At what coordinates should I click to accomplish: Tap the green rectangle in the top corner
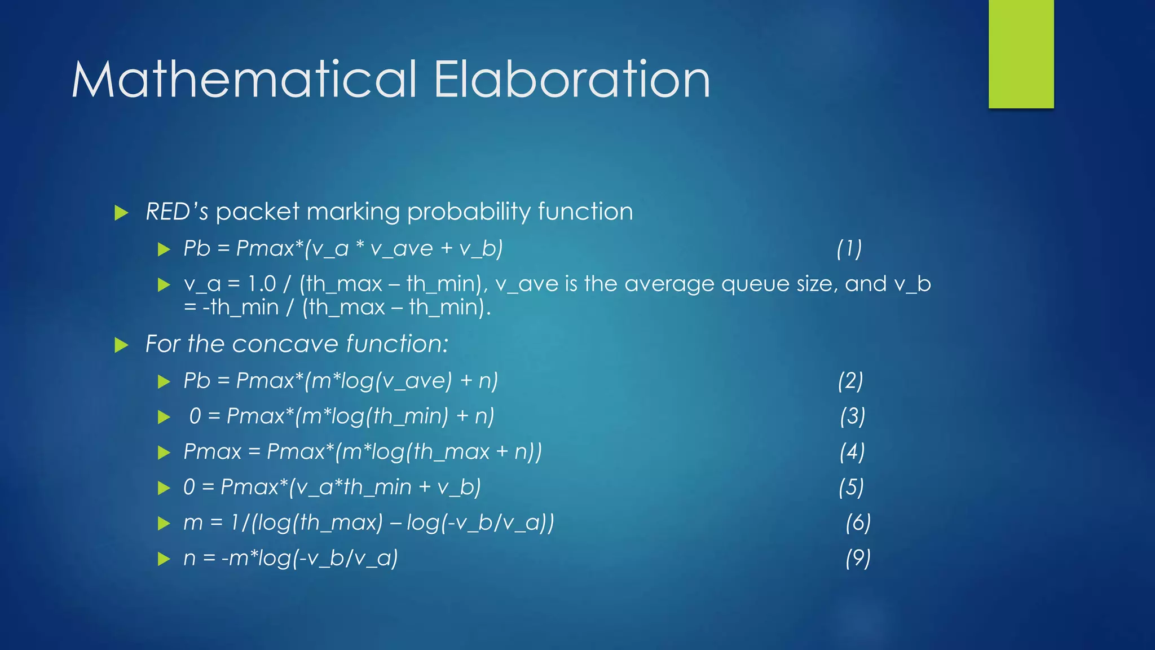coord(1021,54)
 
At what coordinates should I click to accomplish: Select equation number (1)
coord(849,248)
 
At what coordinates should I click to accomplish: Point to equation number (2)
coord(850,381)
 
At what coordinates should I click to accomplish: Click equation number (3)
coord(852,416)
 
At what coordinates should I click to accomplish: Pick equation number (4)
coord(852,452)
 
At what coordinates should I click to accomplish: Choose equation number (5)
coord(851,488)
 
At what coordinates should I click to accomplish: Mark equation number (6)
coord(858,523)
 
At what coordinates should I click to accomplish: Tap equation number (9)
coord(858,558)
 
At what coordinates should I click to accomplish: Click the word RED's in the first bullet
coord(177,212)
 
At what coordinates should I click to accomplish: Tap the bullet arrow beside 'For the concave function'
coord(121,345)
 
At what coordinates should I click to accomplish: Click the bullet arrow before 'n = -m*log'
coord(164,559)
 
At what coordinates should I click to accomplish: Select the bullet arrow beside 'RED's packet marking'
coord(121,213)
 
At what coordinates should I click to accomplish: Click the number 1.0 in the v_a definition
coord(262,284)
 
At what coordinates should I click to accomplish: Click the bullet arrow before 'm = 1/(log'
coord(164,524)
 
